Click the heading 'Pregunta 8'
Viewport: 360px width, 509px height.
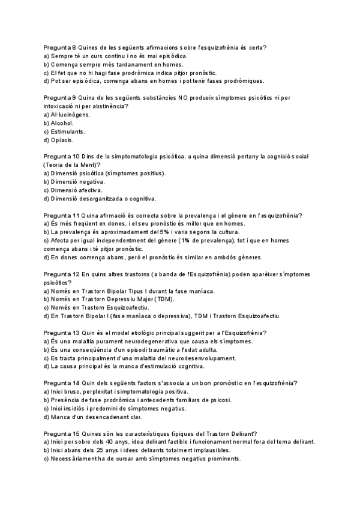(x=59, y=47)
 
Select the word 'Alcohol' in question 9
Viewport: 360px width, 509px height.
(x=62, y=122)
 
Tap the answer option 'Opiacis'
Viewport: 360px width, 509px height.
(x=61, y=140)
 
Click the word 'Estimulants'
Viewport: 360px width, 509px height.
(x=68, y=131)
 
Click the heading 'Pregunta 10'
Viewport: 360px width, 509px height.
(x=61, y=156)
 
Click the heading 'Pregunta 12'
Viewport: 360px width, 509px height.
(x=61, y=274)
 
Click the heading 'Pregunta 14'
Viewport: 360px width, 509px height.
(x=61, y=382)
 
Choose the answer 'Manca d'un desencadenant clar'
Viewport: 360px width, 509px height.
(x=100, y=417)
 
